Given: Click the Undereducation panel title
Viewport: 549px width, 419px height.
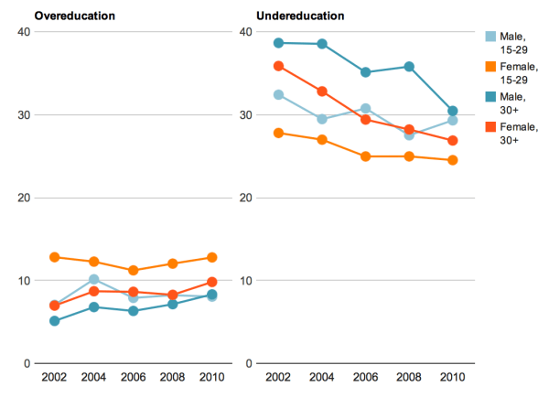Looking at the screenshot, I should click(300, 16).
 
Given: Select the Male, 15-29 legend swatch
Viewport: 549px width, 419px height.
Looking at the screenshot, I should click(491, 37).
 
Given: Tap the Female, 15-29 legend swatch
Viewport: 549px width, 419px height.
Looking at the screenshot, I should click(491, 67).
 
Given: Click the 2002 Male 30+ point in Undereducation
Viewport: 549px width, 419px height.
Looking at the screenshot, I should click(278, 42).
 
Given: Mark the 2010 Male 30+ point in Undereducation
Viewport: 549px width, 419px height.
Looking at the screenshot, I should click(452, 111).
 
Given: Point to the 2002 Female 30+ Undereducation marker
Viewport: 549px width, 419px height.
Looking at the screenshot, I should click(278, 66).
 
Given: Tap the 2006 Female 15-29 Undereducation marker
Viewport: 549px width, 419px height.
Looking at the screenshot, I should click(365, 156).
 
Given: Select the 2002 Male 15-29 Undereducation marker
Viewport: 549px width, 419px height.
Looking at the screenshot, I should click(278, 94).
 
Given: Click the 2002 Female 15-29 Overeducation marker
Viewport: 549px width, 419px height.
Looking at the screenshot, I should click(55, 258).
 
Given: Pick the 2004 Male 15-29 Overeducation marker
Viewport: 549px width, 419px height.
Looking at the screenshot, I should click(93, 280).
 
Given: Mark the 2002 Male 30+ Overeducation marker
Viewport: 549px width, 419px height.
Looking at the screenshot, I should click(55, 321).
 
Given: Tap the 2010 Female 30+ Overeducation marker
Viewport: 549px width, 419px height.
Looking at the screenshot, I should click(211, 283).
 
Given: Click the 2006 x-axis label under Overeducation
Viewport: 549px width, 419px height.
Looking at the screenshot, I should click(133, 378).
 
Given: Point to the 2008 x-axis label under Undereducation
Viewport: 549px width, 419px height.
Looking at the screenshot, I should click(409, 378).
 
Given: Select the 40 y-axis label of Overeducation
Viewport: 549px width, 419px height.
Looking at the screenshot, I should click(24, 32).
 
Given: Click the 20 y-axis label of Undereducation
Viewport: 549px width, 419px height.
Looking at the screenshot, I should click(244, 198).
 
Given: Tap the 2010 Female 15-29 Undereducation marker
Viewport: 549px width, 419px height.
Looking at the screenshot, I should click(452, 160).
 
